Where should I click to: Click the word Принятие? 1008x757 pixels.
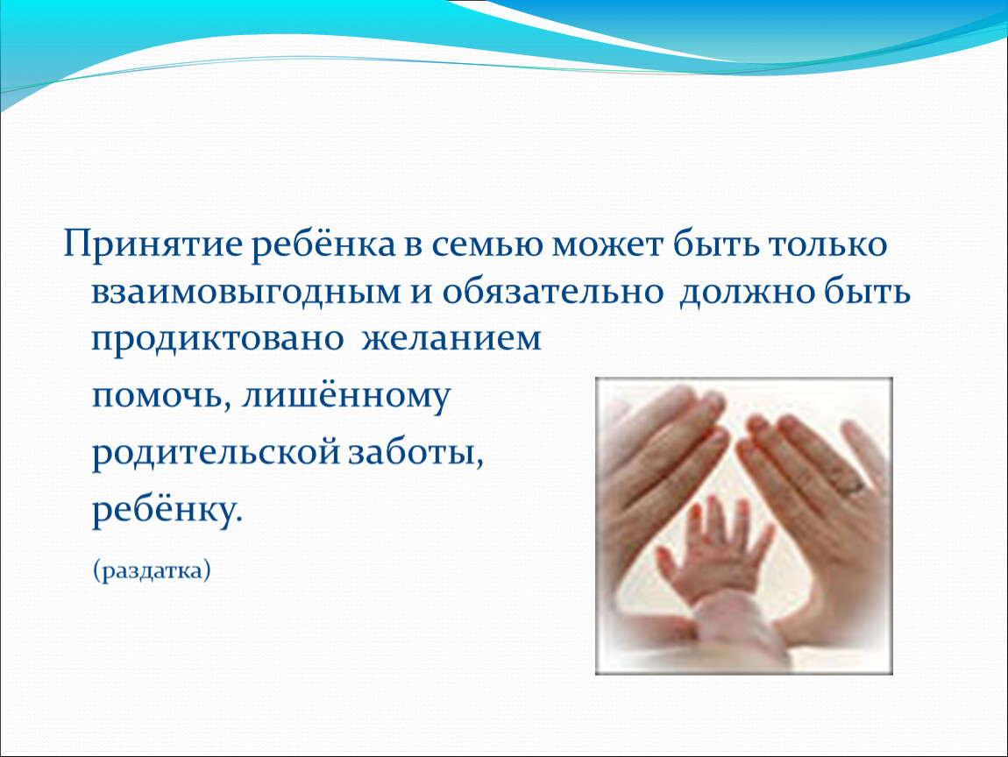pos(152,244)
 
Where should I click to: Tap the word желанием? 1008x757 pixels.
pos(451,339)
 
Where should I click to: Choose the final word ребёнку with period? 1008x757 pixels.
pos(167,510)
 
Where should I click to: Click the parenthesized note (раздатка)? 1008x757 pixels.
pos(152,570)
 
